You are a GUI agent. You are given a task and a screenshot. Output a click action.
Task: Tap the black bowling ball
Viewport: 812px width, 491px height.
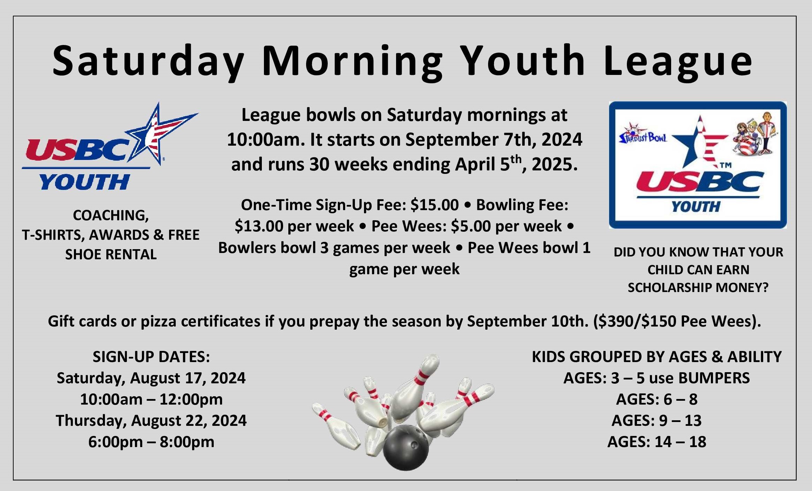pos(405,448)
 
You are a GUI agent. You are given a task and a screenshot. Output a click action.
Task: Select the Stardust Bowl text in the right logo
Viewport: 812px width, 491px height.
pos(643,137)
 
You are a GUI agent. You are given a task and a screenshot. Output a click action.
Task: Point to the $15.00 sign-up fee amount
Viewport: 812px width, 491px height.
pos(434,205)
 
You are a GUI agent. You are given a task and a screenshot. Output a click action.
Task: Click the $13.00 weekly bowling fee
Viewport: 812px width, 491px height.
pos(259,226)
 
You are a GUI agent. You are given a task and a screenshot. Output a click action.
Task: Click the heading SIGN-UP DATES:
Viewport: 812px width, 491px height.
pos(151,356)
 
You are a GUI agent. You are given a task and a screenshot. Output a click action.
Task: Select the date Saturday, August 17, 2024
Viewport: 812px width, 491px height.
pos(151,378)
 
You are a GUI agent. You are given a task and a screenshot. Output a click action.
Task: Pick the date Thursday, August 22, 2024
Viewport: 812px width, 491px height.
pos(151,421)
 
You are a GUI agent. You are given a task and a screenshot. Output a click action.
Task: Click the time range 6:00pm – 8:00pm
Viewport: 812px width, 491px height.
pos(151,442)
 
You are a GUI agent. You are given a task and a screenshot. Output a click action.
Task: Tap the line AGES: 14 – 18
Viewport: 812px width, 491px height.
pos(657,442)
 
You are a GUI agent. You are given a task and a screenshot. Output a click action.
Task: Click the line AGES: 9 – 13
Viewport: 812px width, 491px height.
pos(657,421)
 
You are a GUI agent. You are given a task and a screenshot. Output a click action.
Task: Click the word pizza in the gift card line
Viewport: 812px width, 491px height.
pos(158,321)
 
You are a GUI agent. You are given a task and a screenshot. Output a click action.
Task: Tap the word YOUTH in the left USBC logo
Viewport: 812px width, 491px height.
pos(84,182)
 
